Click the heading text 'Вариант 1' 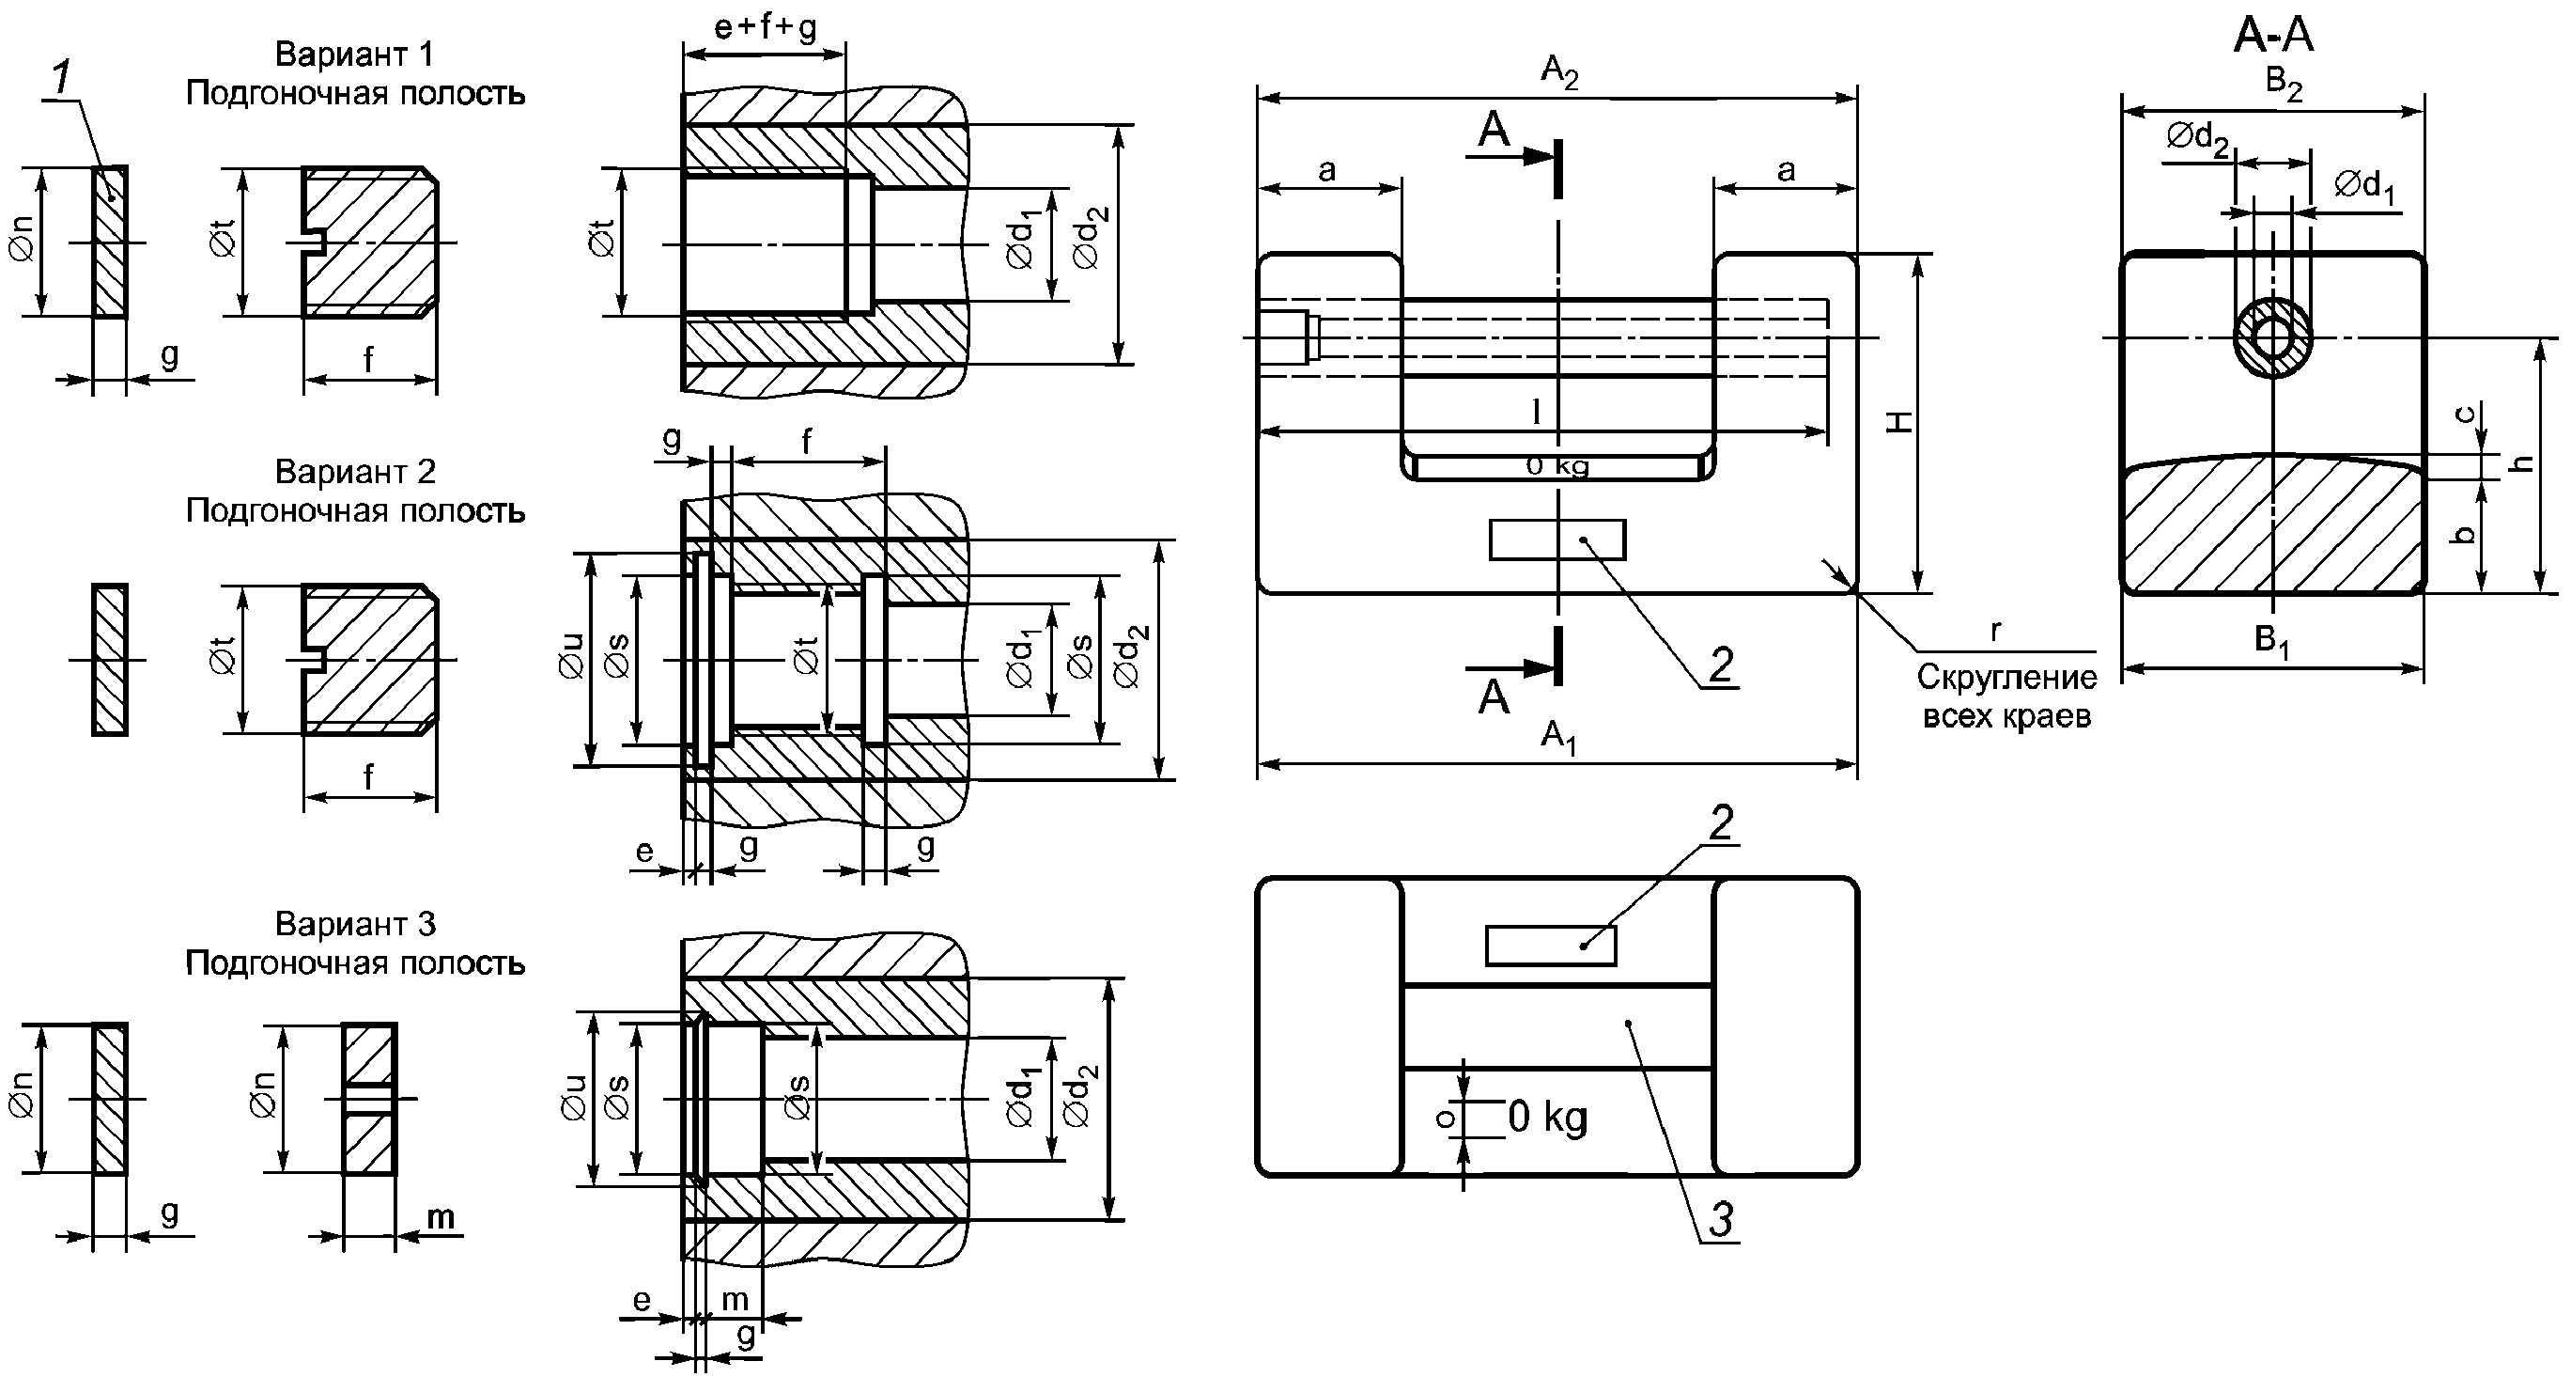tap(354, 54)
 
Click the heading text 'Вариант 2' tap(354, 471)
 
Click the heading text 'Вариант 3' tap(354, 924)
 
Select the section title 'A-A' tap(2272, 36)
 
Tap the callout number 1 tap(62, 79)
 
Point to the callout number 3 tap(1721, 1218)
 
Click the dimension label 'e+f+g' tap(765, 27)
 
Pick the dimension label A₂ tap(1559, 71)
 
